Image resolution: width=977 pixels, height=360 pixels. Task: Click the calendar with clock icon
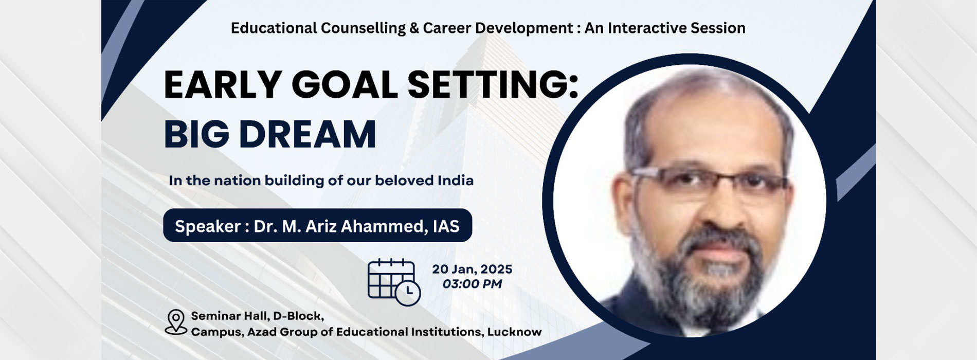tap(394, 282)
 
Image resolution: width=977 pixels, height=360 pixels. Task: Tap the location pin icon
tap(176, 322)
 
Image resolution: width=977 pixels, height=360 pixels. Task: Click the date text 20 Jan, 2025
tap(472, 269)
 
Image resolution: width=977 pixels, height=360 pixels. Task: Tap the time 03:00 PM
tap(472, 284)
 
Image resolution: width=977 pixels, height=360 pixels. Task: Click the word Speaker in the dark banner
tap(208, 226)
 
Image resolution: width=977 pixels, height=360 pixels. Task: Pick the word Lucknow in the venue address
tap(514, 332)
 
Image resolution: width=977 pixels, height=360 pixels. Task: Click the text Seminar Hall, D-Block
tap(257, 316)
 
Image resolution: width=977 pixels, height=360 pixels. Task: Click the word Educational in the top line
tap(274, 28)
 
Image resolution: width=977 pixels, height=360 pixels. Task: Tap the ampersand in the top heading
tap(414, 28)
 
